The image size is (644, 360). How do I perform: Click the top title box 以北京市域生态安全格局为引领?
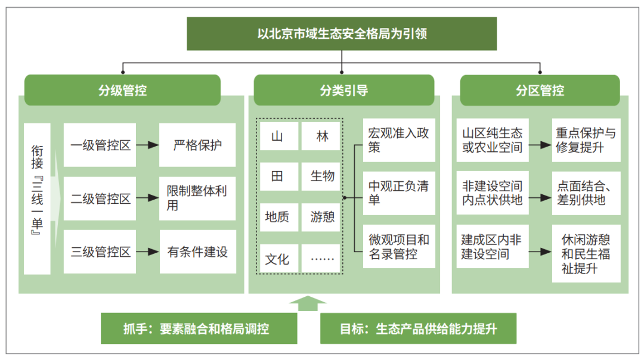point(342,33)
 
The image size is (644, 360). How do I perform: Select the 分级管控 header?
point(122,90)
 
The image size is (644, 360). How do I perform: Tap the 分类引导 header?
point(344,90)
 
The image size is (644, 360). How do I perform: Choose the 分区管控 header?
point(540,90)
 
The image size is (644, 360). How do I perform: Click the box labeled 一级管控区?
point(100,145)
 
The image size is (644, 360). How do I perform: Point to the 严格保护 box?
point(197,145)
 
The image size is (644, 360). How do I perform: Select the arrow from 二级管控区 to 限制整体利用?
point(147,198)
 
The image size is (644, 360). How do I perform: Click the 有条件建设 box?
point(197,252)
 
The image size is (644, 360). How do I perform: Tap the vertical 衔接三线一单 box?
point(37,198)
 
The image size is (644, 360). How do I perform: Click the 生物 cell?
point(321,176)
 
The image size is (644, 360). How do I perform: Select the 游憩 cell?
point(321,217)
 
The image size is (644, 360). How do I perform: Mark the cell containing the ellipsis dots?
point(321,259)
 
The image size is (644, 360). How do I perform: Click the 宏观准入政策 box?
point(399,140)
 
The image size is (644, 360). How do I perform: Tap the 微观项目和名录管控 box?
point(399,246)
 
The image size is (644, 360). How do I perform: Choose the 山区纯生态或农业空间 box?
point(493,140)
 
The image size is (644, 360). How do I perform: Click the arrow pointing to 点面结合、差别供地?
point(540,198)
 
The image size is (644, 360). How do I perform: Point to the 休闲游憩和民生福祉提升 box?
point(586,253)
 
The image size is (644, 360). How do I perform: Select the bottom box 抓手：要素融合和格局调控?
point(199,328)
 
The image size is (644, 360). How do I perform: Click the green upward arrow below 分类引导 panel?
point(308,303)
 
